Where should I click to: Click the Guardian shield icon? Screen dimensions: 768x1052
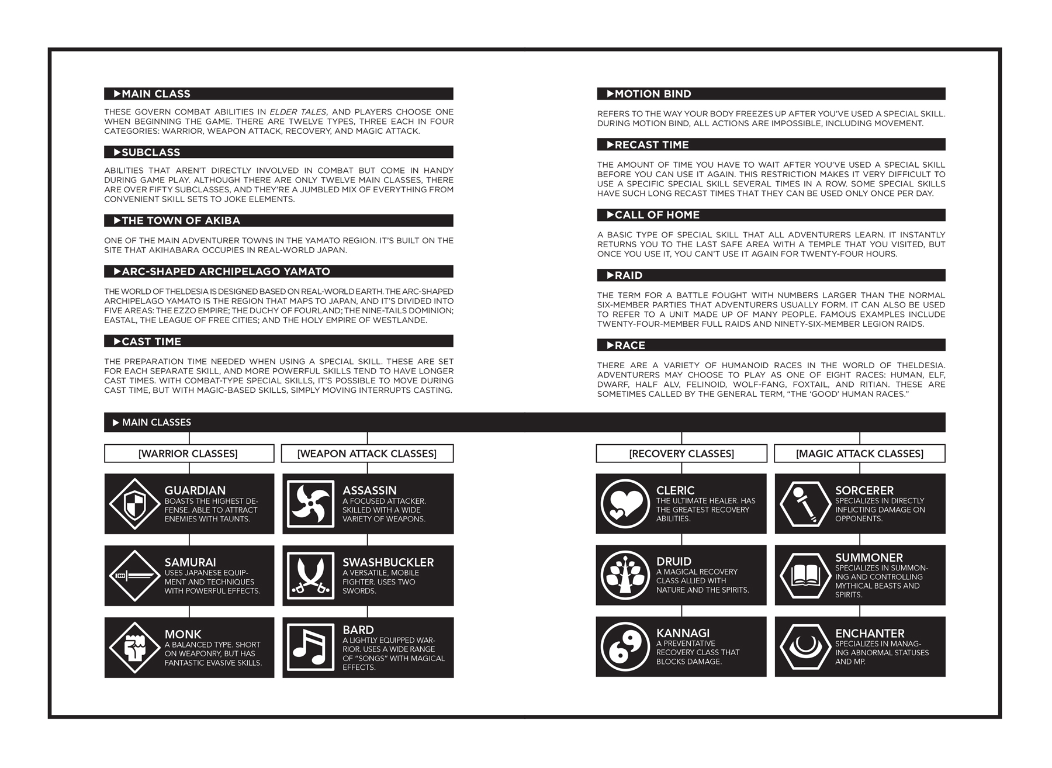[135, 504]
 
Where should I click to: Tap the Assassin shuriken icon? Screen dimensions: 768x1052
[311, 504]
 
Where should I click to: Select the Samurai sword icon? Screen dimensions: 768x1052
[135, 576]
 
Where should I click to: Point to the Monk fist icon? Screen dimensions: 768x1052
[135, 648]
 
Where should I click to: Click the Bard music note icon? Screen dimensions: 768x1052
[311, 648]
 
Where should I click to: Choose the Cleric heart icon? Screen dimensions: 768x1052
[625, 503]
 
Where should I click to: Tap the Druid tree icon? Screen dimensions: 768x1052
[625, 575]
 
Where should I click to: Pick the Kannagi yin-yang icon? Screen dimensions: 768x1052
[625, 647]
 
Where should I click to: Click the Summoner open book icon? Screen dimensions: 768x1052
[805, 575]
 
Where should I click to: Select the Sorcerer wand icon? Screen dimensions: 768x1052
[805, 503]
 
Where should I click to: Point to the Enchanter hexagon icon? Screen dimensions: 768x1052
[805, 647]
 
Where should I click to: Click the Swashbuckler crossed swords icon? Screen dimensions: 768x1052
[311, 576]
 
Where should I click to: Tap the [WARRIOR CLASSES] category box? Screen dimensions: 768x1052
[189, 454]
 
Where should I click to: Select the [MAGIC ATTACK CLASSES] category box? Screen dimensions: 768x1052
[860, 454]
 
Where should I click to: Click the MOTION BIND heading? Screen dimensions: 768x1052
[653, 94]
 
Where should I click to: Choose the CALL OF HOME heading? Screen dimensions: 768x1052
[657, 215]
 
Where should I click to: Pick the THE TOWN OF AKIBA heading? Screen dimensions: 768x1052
[181, 220]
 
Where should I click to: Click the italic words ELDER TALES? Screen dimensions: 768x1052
[298, 112]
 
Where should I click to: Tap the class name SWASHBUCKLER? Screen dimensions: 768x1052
[388, 562]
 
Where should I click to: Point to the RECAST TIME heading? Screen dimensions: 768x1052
[652, 144]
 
